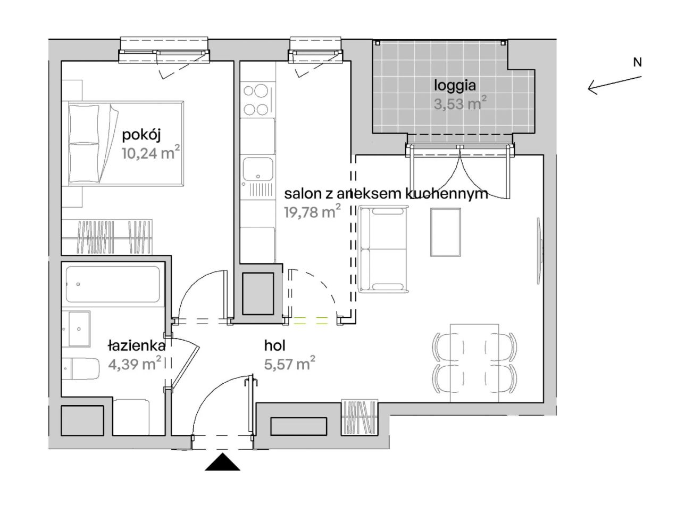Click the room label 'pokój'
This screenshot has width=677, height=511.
(141, 135)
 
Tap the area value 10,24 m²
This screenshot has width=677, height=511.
(151, 152)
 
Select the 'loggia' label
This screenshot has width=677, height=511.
(454, 86)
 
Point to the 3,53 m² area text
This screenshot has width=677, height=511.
(460, 103)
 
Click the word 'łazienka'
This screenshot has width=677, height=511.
(137, 345)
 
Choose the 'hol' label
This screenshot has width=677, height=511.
(274, 345)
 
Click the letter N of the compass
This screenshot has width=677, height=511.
(637, 62)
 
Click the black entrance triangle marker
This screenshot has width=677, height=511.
(222, 461)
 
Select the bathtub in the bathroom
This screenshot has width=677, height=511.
(113, 284)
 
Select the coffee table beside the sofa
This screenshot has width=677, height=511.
(445, 232)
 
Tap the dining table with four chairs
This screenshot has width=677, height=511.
(474, 363)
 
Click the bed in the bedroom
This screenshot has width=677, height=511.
(123, 144)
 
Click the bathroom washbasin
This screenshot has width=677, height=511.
(79, 329)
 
